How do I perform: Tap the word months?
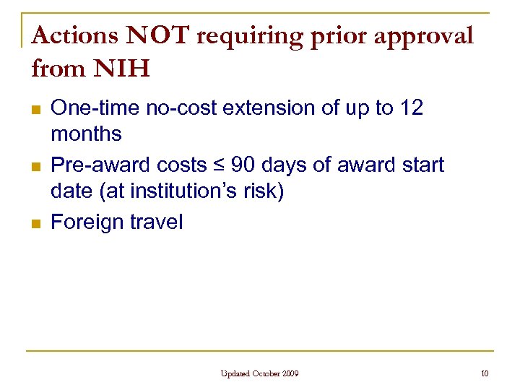(x=86, y=134)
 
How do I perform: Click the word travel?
(x=157, y=222)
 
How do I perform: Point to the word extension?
(x=266, y=108)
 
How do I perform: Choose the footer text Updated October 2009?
(x=259, y=373)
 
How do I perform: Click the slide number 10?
(x=485, y=373)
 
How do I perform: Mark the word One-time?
(x=96, y=108)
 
